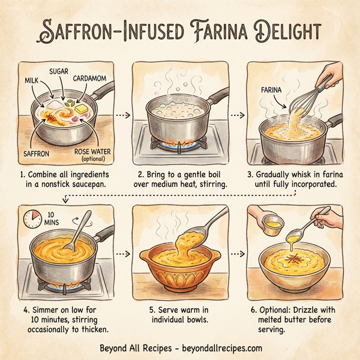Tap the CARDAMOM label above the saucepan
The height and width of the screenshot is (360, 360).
point(91,78)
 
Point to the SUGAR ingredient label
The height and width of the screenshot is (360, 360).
point(59,71)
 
